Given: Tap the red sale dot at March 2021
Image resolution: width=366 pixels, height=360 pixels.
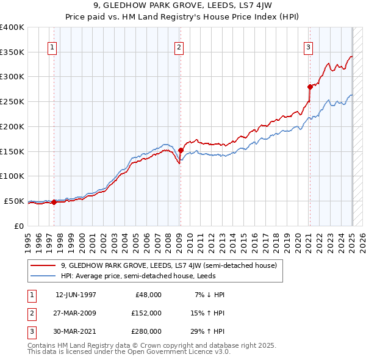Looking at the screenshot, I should point(310,87).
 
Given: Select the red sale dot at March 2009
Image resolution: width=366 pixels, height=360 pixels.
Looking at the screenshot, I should point(181,150).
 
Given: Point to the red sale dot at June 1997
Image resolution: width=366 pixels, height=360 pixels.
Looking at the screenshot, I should point(54,202).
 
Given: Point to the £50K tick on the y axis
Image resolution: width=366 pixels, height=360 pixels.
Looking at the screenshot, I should point(14,201).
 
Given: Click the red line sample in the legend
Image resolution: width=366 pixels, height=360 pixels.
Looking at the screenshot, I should point(43,265).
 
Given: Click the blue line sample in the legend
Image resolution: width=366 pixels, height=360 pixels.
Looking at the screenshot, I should point(43,276).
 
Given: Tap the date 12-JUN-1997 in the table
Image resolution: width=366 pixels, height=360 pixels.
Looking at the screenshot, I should point(76,295).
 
